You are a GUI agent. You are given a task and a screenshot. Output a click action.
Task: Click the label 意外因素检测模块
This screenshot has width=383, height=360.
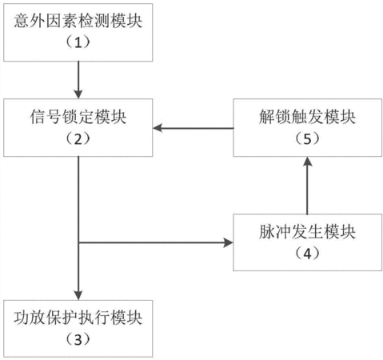tap(78, 21)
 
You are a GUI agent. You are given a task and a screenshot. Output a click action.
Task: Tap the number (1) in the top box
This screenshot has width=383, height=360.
tap(78, 42)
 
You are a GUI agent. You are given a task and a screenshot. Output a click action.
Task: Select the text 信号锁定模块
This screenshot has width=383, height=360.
tap(78, 117)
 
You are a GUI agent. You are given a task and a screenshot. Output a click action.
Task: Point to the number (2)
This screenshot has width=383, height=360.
tap(78, 138)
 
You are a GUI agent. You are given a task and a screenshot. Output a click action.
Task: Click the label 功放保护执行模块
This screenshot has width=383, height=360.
tap(78, 318)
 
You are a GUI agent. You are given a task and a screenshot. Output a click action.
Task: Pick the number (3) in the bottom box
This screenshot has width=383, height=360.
tap(78, 340)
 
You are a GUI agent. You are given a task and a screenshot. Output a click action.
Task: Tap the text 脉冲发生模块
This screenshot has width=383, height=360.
tap(307, 231)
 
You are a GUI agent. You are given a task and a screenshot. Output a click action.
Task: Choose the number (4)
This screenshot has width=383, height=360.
tap(307, 254)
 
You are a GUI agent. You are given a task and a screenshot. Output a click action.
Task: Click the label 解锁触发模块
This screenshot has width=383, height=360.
tap(307, 117)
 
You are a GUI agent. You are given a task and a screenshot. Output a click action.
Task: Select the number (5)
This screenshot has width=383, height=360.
tap(307, 138)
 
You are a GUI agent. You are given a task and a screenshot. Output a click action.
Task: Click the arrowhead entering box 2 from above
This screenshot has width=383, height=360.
tap(78, 94)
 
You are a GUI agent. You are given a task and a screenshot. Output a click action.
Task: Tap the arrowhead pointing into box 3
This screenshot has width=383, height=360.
tap(78, 295)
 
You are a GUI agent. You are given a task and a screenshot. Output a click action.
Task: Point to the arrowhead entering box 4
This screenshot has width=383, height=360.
tap(229, 242)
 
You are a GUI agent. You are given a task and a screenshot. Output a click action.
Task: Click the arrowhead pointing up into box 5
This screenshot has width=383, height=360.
tap(308, 161)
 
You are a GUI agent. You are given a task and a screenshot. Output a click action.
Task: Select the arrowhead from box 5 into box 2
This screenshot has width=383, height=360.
tap(158, 128)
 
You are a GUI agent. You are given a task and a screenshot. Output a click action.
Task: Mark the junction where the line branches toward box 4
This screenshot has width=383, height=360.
tap(78, 242)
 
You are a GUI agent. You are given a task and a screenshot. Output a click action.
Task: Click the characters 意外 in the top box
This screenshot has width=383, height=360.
tap(30, 21)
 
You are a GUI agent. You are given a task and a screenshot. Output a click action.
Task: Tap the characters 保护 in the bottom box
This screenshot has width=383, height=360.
tap(62, 318)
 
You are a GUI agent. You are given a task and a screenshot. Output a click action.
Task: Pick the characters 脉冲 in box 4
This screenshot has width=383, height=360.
tap(275, 231)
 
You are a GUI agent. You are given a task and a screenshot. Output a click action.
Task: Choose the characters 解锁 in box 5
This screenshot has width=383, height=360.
tap(275, 117)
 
